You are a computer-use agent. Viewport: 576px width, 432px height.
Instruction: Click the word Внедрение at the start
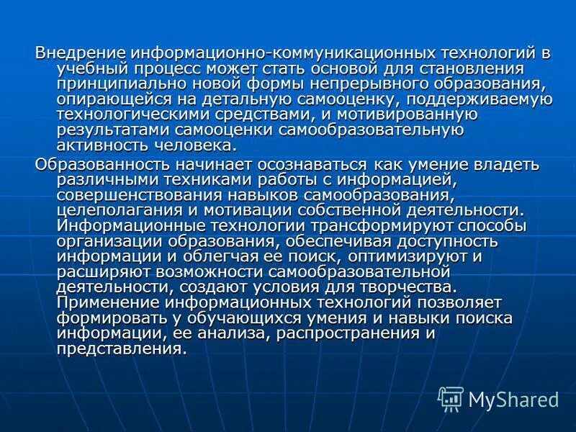pyautogui.click(x=80, y=53)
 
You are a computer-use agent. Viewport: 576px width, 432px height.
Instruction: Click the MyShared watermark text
pyautogui.click(x=513, y=399)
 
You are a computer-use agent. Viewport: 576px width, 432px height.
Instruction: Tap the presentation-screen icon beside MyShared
pyautogui.click(x=451, y=398)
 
